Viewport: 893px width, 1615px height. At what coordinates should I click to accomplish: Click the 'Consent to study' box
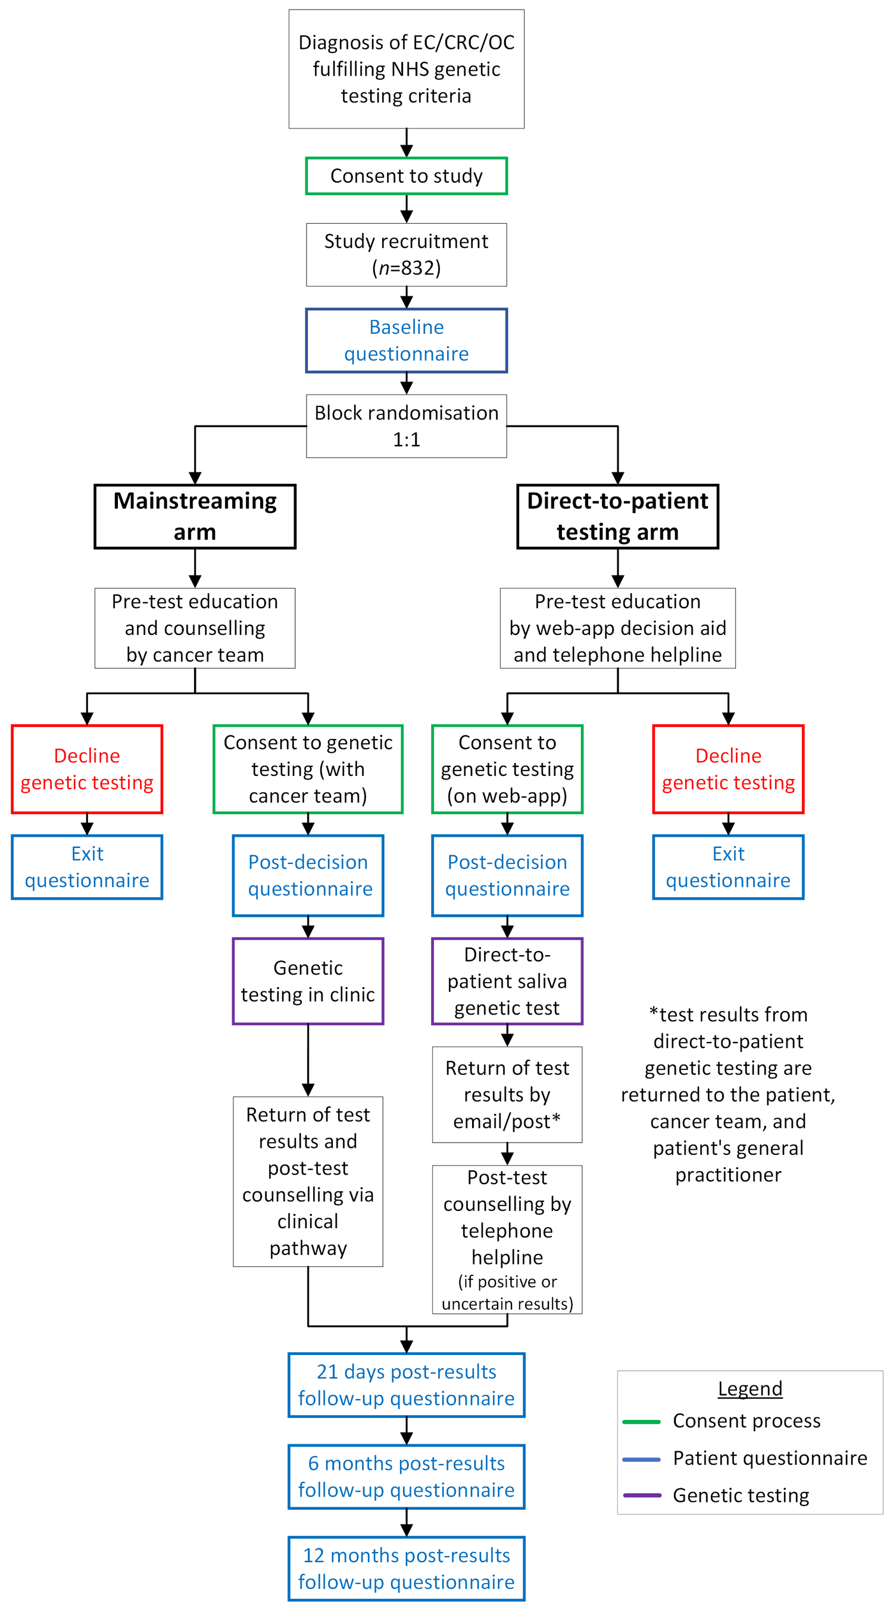[407, 176]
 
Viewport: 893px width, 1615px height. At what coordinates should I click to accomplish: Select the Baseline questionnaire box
[407, 340]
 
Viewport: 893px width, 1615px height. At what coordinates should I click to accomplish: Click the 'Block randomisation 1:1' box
[407, 425]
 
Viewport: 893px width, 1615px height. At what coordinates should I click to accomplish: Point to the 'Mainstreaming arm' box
[195, 516]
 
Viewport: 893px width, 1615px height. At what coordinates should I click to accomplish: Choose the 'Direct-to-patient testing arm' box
[618, 516]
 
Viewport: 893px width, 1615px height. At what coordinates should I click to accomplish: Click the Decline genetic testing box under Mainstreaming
[87, 769]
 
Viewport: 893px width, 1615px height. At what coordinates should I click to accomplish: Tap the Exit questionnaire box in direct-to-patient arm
[728, 867]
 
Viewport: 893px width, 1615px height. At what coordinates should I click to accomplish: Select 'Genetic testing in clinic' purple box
[308, 981]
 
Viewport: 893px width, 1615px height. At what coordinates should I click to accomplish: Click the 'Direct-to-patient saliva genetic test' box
[507, 981]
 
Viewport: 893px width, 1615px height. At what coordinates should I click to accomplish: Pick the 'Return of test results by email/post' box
[507, 1095]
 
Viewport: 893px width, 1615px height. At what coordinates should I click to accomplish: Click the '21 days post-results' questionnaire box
[407, 1385]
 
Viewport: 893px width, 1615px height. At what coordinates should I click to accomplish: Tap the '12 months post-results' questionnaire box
[407, 1569]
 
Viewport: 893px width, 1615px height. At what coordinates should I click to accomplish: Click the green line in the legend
[642, 1421]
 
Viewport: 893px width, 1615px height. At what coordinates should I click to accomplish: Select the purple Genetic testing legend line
[642, 1495]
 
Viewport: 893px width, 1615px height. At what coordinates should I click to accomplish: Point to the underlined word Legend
[750, 1389]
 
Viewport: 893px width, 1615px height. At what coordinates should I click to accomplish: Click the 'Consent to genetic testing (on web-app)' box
[507, 769]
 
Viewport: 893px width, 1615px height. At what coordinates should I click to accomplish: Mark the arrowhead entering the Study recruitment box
[407, 217]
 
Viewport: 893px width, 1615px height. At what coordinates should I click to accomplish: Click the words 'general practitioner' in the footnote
[728, 1161]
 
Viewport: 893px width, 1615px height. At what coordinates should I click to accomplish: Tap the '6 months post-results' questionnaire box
[407, 1476]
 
